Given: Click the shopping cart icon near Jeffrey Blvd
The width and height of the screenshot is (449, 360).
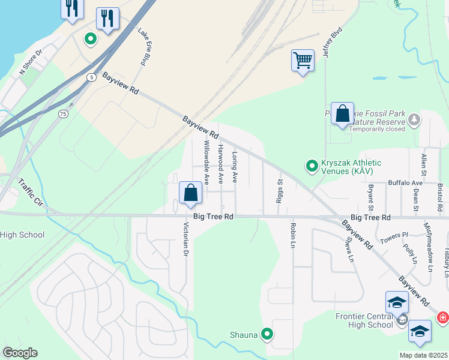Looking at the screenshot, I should (x=303, y=61).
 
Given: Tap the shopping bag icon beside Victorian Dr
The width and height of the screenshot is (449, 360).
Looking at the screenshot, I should (x=190, y=193).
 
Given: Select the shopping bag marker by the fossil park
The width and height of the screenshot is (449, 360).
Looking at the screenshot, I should (x=342, y=113).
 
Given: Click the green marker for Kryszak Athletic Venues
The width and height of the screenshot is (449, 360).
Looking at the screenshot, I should (x=312, y=165).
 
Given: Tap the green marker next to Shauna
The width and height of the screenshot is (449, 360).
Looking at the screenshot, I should (x=268, y=335).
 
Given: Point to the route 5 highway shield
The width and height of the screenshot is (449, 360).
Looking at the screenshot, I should (x=90, y=77).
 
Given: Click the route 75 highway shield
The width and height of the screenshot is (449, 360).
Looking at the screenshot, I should (x=63, y=113).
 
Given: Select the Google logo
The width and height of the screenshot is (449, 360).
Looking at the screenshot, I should (x=20, y=353).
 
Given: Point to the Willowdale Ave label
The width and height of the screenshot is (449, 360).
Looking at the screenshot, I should (x=206, y=162).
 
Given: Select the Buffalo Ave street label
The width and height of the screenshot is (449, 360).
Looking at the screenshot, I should (x=405, y=182).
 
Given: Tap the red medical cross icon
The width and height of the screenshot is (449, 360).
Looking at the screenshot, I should (x=442, y=316).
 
